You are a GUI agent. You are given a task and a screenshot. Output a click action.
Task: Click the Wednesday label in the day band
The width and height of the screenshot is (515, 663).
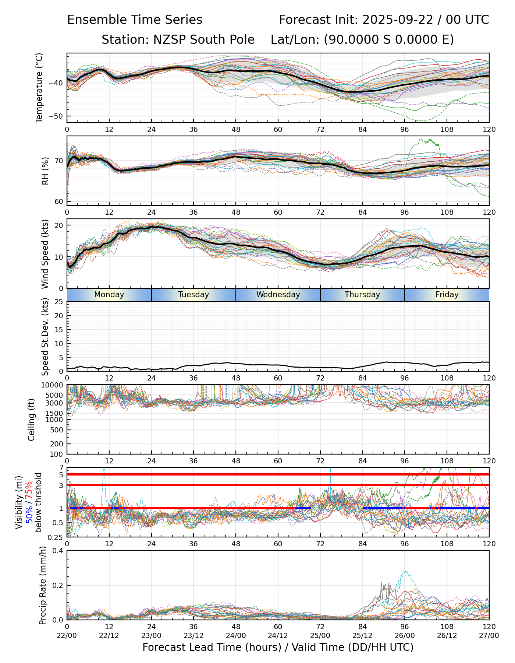(x=278, y=295)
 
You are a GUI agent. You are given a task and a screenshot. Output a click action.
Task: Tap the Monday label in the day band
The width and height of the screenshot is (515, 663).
(x=109, y=295)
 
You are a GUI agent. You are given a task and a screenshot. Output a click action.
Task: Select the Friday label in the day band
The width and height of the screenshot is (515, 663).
(x=447, y=295)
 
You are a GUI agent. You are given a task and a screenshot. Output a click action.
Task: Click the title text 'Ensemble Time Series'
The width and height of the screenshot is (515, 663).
(x=135, y=20)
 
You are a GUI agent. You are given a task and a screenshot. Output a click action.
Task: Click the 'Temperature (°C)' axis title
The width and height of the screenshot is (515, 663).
(x=39, y=88)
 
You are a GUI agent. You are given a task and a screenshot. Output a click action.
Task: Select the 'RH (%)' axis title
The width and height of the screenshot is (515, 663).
(x=45, y=171)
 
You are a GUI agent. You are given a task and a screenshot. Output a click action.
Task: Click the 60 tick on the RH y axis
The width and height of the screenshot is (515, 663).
(x=59, y=202)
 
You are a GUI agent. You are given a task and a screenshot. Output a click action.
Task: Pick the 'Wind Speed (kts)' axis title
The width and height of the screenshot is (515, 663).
(x=45, y=254)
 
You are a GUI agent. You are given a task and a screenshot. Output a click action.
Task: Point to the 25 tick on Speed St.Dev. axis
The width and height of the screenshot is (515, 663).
(x=59, y=302)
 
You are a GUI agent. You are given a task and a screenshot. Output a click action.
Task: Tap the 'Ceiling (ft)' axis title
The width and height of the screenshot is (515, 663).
(x=32, y=420)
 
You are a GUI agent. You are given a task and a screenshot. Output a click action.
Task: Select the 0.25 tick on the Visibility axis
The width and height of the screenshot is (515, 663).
(x=56, y=537)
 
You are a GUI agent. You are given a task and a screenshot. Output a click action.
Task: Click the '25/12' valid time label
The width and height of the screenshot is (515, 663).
(x=362, y=636)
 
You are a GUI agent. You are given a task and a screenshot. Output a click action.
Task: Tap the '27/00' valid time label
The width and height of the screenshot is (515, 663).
(x=489, y=636)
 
